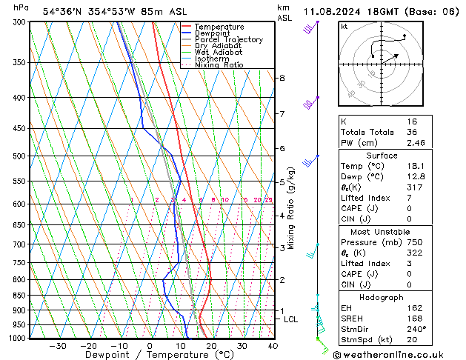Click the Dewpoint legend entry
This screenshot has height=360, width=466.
tap(215, 33)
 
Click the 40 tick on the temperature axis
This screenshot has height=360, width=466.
tap(273, 346)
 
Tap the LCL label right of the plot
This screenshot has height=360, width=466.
tap(290, 319)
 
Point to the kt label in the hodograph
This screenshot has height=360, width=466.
tap(344, 27)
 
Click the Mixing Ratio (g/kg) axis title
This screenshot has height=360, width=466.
tap(292, 208)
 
